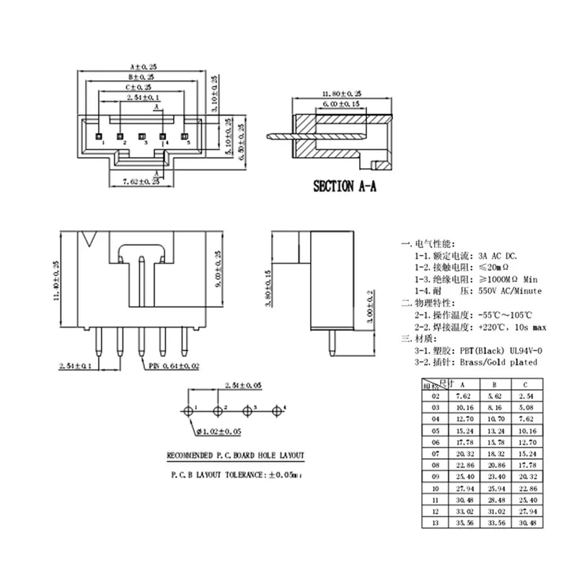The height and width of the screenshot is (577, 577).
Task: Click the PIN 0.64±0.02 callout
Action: click(x=175, y=366)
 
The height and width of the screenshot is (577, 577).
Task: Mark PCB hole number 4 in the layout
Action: click(x=277, y=411)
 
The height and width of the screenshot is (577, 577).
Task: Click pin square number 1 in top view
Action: click(x=98, y=134)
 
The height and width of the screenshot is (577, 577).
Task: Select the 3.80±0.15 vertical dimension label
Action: click(x=268, y=289)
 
